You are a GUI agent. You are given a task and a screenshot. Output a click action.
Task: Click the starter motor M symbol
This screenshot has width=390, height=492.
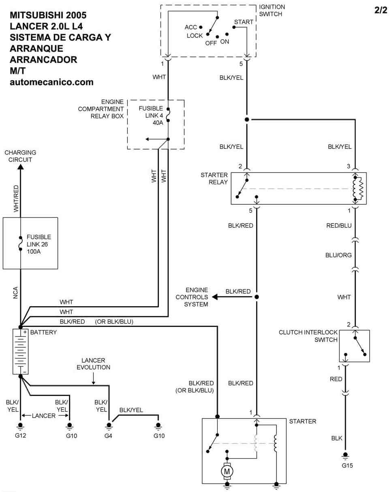(x=227, y=471)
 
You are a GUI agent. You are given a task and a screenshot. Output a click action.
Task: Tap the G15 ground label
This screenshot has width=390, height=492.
(x=347, y=466)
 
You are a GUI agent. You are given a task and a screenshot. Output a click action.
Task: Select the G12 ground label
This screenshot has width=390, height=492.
(x=20, y=436)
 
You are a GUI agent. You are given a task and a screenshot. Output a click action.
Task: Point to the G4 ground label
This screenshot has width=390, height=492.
(x=108, y=436)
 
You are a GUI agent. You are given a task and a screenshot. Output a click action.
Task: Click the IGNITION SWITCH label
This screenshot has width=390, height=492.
(x=272, y=11)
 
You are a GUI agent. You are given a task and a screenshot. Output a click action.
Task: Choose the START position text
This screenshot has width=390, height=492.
(x=244, y=22)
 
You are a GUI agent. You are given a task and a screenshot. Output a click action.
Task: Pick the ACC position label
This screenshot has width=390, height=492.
(x=191, y=27)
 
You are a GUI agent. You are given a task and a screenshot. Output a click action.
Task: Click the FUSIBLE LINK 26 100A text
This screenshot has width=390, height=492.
(x=39, y=244)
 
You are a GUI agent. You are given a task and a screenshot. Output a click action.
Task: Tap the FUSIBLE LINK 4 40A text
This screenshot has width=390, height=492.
(x=151, y=116)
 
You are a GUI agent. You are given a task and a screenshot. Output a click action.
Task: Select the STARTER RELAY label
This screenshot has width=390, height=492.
(x=214, y=178)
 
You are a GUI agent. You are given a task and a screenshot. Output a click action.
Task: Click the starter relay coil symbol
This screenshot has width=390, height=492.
(x=358, y=189)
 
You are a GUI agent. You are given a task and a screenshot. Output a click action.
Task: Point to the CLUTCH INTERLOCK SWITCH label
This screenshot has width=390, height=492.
(x=308, y=336)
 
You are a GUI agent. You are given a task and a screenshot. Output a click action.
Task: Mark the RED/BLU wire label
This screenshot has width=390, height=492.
(x=339, y=226)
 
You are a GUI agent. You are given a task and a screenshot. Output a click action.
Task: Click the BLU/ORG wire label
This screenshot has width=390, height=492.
(x=339, y=255)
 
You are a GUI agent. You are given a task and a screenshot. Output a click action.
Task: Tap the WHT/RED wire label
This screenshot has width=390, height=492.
(x=16, y=198)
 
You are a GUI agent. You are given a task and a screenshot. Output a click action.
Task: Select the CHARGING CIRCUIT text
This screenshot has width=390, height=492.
(x=20, y=156)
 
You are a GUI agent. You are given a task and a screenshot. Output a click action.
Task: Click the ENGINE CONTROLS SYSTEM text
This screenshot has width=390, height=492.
(x=192, y=297)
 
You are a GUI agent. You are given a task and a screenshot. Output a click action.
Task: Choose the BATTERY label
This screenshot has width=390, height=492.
(x=43, y=332)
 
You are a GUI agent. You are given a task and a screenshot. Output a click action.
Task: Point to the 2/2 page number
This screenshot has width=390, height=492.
(x=381, y=10)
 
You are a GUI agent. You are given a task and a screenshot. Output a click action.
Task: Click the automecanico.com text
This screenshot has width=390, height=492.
(x=51, y=82)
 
